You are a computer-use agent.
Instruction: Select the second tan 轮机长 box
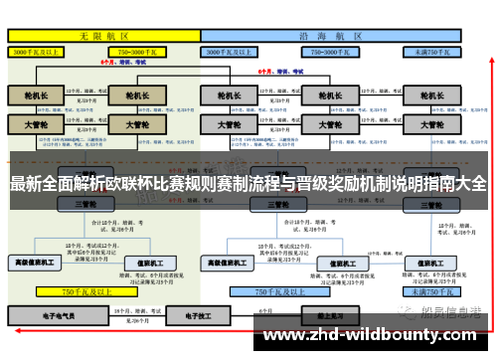(131, 96)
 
